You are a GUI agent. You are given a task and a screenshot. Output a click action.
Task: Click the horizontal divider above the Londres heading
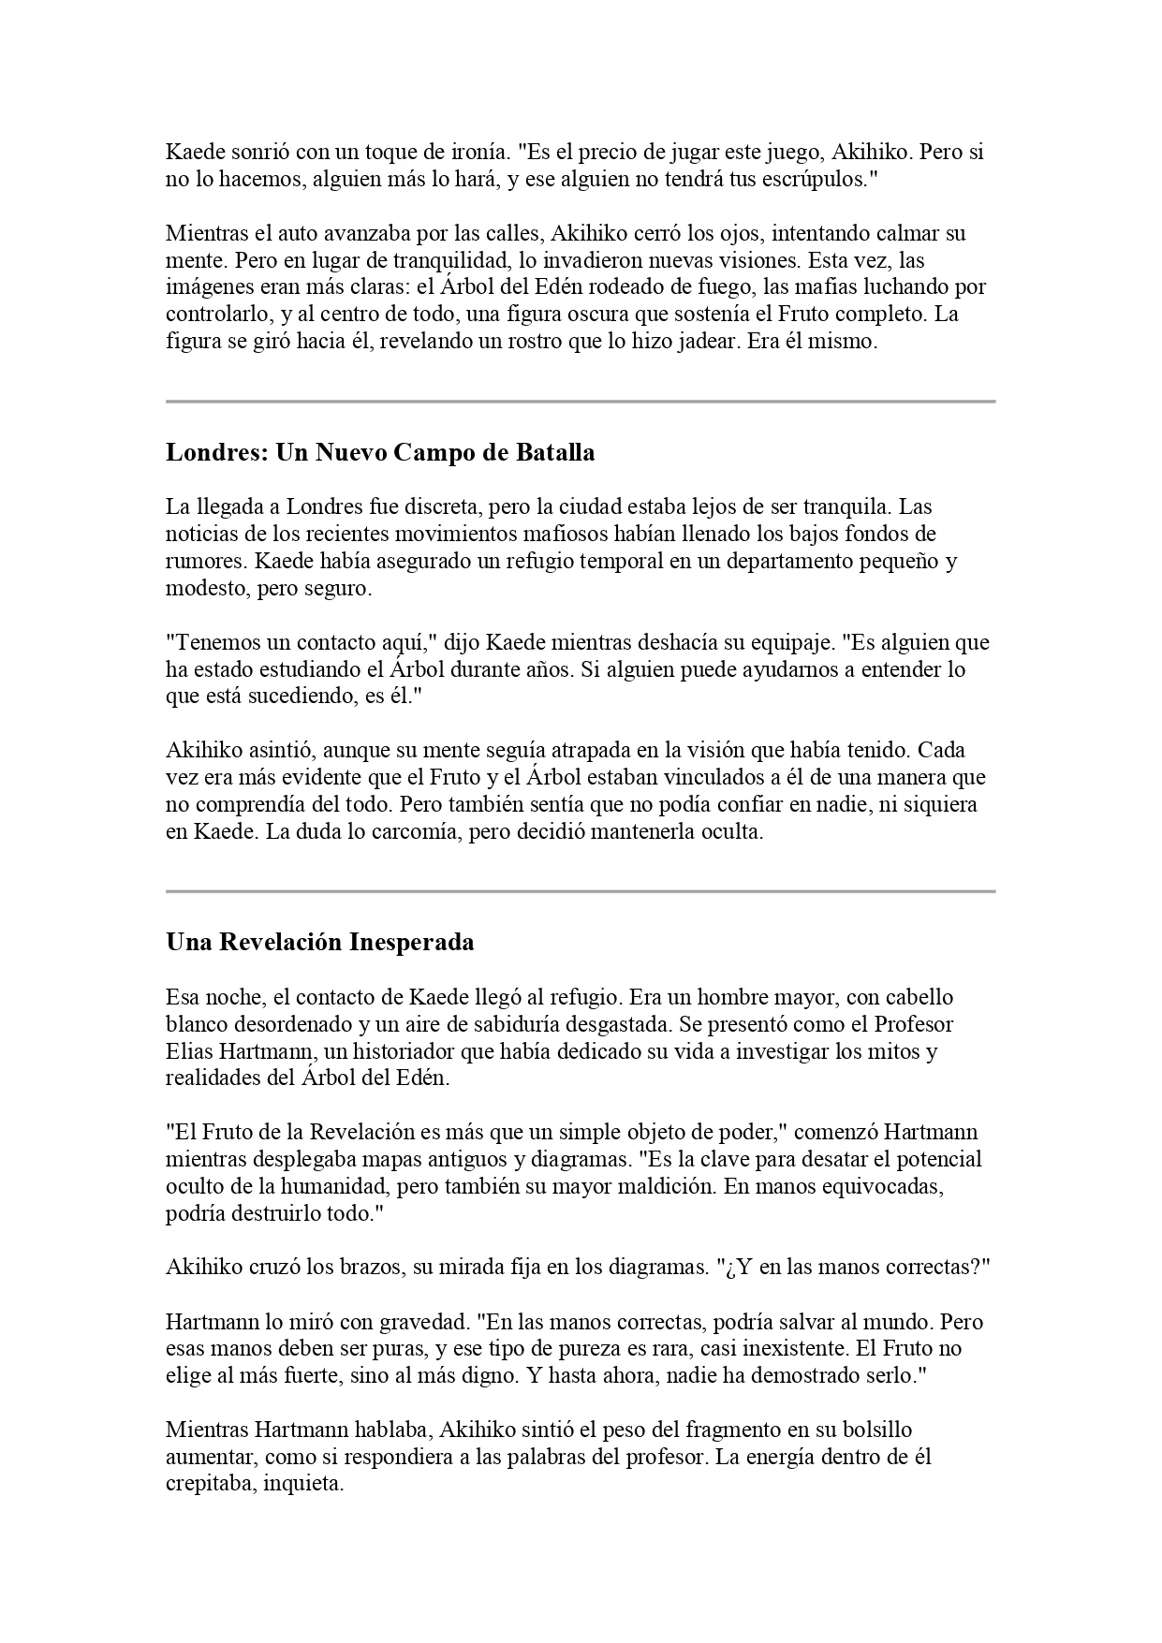(x=581, y=402)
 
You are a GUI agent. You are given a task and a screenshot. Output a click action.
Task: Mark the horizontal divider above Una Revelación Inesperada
(x=581, y=891)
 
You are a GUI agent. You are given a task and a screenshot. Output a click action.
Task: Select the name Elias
(x=190, y=1051)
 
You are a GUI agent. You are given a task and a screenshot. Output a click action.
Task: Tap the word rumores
(x=206, y=562)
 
